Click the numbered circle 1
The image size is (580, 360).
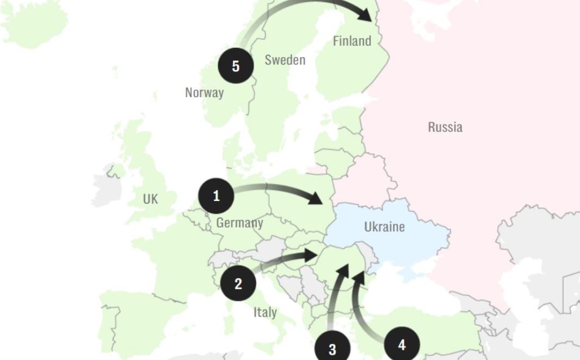pos(216,195)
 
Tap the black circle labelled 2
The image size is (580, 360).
pos(238,283)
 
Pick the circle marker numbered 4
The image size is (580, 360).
pos(402,345)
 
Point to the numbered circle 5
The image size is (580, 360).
pos(236,66)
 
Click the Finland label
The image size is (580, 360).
pos(352,41)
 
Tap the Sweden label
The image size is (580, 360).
pos(285,60)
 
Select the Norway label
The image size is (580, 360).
pos(204,92)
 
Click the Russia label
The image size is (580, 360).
pos(445,127)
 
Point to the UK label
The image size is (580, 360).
pos(150,199)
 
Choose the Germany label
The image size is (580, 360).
pos(239,223)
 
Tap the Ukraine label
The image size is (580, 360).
pos(384,226)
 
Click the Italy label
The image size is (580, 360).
pos(265,312)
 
